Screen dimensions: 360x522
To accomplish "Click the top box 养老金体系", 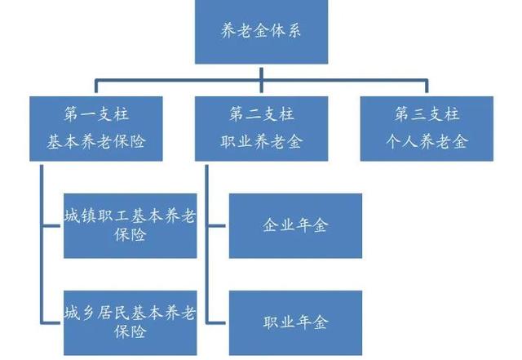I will pos(261,33).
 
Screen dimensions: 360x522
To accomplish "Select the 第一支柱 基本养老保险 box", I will pos(96,127).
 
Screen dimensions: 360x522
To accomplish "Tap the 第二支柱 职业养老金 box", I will pos(262,127).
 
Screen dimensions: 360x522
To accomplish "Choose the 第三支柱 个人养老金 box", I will pos(427,127).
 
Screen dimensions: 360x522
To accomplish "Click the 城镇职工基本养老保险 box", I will pos(130,225).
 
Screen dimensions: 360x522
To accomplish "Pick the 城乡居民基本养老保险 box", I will pos(130,321).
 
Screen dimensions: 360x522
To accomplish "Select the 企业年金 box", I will pos(295,225).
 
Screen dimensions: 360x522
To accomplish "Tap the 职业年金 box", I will pos(295,321).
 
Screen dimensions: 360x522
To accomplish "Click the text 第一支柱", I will pos(96,113).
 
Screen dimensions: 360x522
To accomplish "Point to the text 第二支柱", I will pos(262,113).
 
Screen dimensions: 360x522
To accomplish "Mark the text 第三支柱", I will pos(427,113).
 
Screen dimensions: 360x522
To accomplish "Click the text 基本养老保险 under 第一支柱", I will pos(96,141).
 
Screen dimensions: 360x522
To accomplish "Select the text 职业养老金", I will pos(262,141).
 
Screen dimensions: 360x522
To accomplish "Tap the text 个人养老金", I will pos(427,141).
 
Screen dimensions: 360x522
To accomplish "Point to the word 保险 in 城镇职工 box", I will pos(130,235).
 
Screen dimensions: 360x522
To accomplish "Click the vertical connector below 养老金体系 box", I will pos(261,72).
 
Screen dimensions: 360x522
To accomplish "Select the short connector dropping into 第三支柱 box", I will pos(427,88).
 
